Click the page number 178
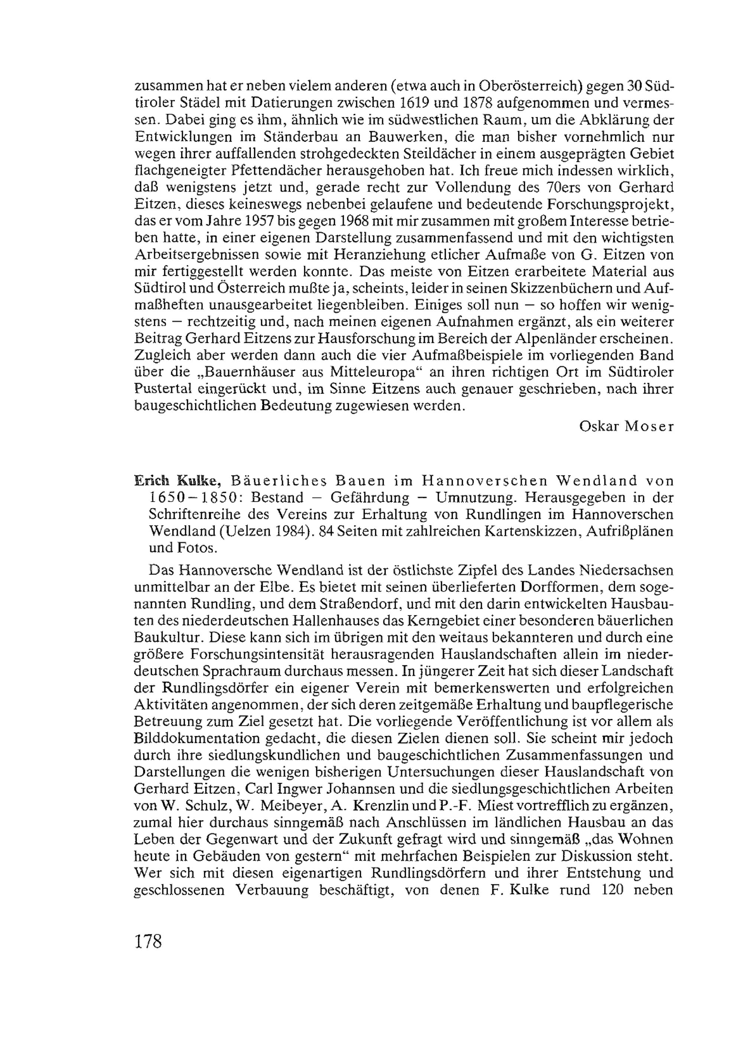pos(149,942)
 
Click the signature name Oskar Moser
pos(626,426)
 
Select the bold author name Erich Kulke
pos(178,481)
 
